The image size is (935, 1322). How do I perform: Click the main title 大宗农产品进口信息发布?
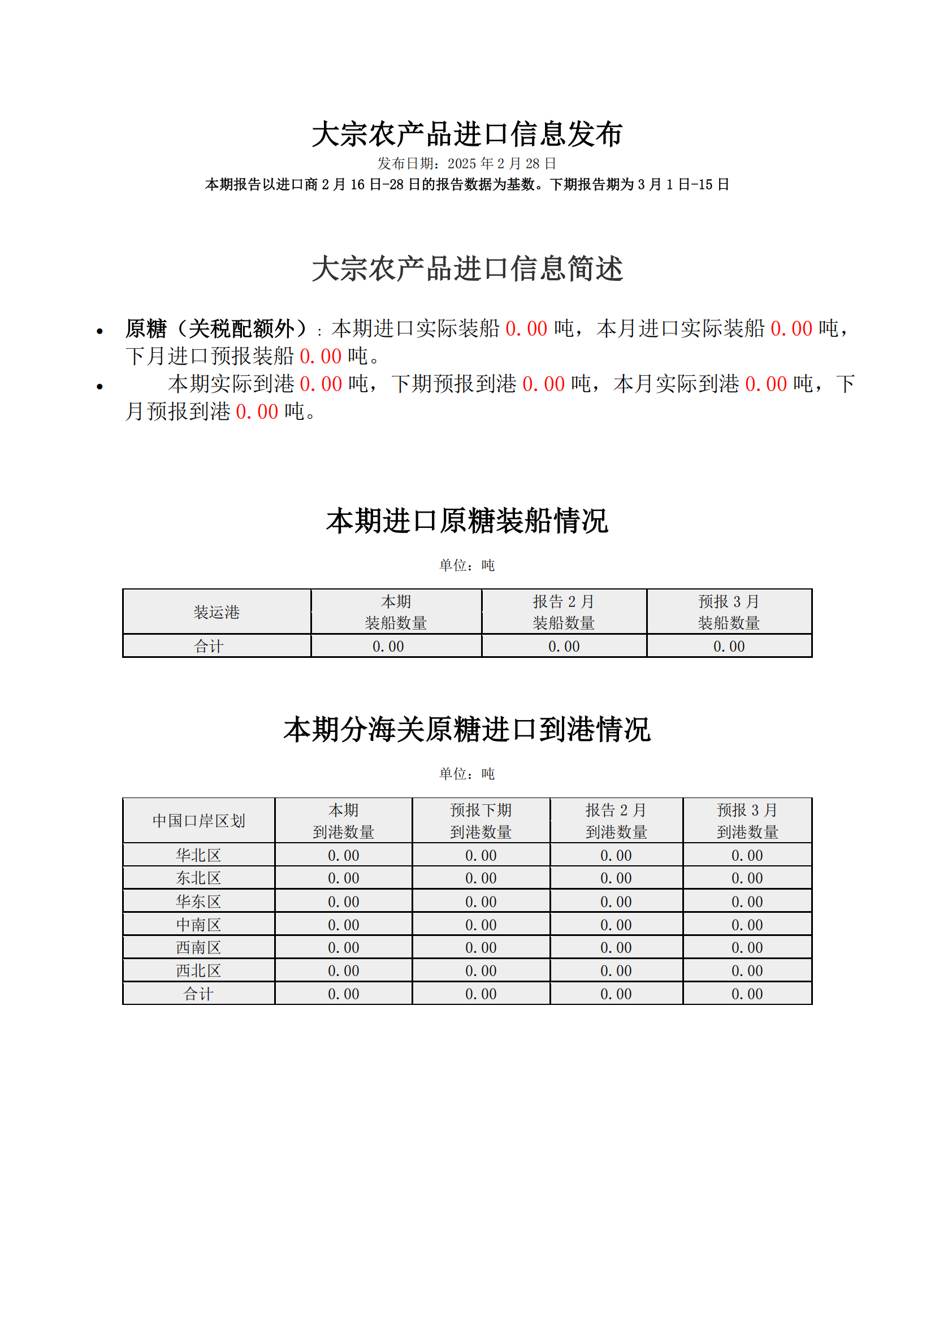(467, 134)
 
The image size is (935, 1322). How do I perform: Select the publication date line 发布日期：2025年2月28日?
(467, 163)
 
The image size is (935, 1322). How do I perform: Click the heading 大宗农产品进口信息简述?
(467, 269)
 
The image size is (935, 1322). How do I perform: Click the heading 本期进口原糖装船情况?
(467, 521)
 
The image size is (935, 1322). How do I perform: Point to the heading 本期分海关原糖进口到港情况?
(467, 730)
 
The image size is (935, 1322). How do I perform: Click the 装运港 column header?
(217, 612)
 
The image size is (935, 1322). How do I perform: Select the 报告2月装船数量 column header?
(564, 612)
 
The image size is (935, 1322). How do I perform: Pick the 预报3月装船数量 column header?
(729, 612)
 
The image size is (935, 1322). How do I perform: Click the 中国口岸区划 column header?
(198, 821)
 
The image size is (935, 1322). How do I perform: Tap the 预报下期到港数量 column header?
(481, 821)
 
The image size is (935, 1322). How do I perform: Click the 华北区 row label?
(198, 856)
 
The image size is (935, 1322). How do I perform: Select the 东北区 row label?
(198, 879)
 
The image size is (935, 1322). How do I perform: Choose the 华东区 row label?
(198, 901)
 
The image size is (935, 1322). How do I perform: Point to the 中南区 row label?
(198, 925)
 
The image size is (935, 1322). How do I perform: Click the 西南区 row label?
(198, 948)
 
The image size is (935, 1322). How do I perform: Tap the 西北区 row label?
(198, 971)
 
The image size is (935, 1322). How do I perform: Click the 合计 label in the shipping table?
(209, 647)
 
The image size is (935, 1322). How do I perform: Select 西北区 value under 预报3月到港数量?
(747, 971)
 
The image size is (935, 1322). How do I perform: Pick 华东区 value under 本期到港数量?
(343, 901)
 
